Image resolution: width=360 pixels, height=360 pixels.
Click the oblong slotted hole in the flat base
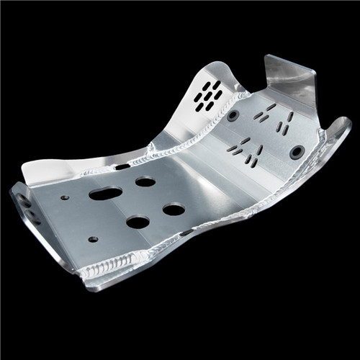106,194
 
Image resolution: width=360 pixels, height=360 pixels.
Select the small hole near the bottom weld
92,239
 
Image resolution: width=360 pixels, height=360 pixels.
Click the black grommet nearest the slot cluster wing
233,115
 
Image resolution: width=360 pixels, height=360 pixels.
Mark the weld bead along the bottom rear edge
108,269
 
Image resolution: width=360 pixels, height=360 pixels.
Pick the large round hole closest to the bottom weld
138,222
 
